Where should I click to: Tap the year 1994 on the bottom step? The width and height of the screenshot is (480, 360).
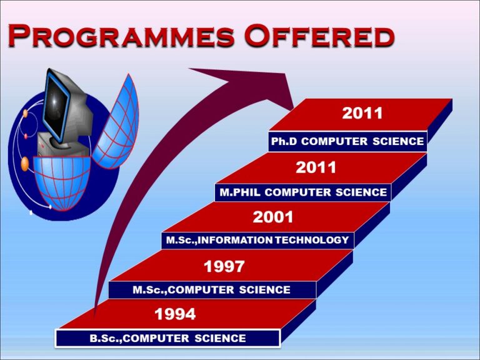click(175, 314)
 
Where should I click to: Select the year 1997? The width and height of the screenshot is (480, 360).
click(224, 266)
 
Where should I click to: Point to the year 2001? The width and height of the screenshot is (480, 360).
click(273, 217)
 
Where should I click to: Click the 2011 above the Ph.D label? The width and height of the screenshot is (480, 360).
click(362, 113)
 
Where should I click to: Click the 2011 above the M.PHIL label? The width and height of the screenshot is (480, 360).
click(316, 167)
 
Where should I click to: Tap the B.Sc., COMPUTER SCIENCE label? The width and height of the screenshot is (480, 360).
click(167, 338)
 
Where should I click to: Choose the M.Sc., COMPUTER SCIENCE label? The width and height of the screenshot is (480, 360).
click(211, 289)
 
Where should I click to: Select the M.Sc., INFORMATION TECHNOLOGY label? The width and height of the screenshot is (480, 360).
click(257, 240)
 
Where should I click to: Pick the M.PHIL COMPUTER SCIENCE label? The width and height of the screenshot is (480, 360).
click(303, 192)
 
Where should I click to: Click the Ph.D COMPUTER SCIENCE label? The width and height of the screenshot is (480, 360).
click(347, 141)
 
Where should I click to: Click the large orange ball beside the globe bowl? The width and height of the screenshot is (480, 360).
click(25, 164)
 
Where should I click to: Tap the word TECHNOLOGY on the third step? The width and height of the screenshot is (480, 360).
click(312, 240)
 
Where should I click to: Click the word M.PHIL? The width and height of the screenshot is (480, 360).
click(240, 192)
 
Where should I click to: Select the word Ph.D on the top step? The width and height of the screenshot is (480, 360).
click(284, 141)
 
